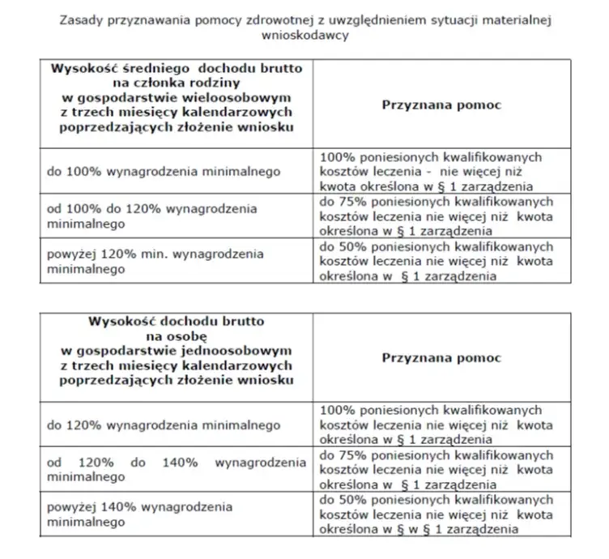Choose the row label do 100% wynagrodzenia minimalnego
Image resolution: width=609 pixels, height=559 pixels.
pyautogui.click(x=164, y=171)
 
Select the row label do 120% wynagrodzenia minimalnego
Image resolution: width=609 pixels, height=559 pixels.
pyautogui.click(x=164, y=424)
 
